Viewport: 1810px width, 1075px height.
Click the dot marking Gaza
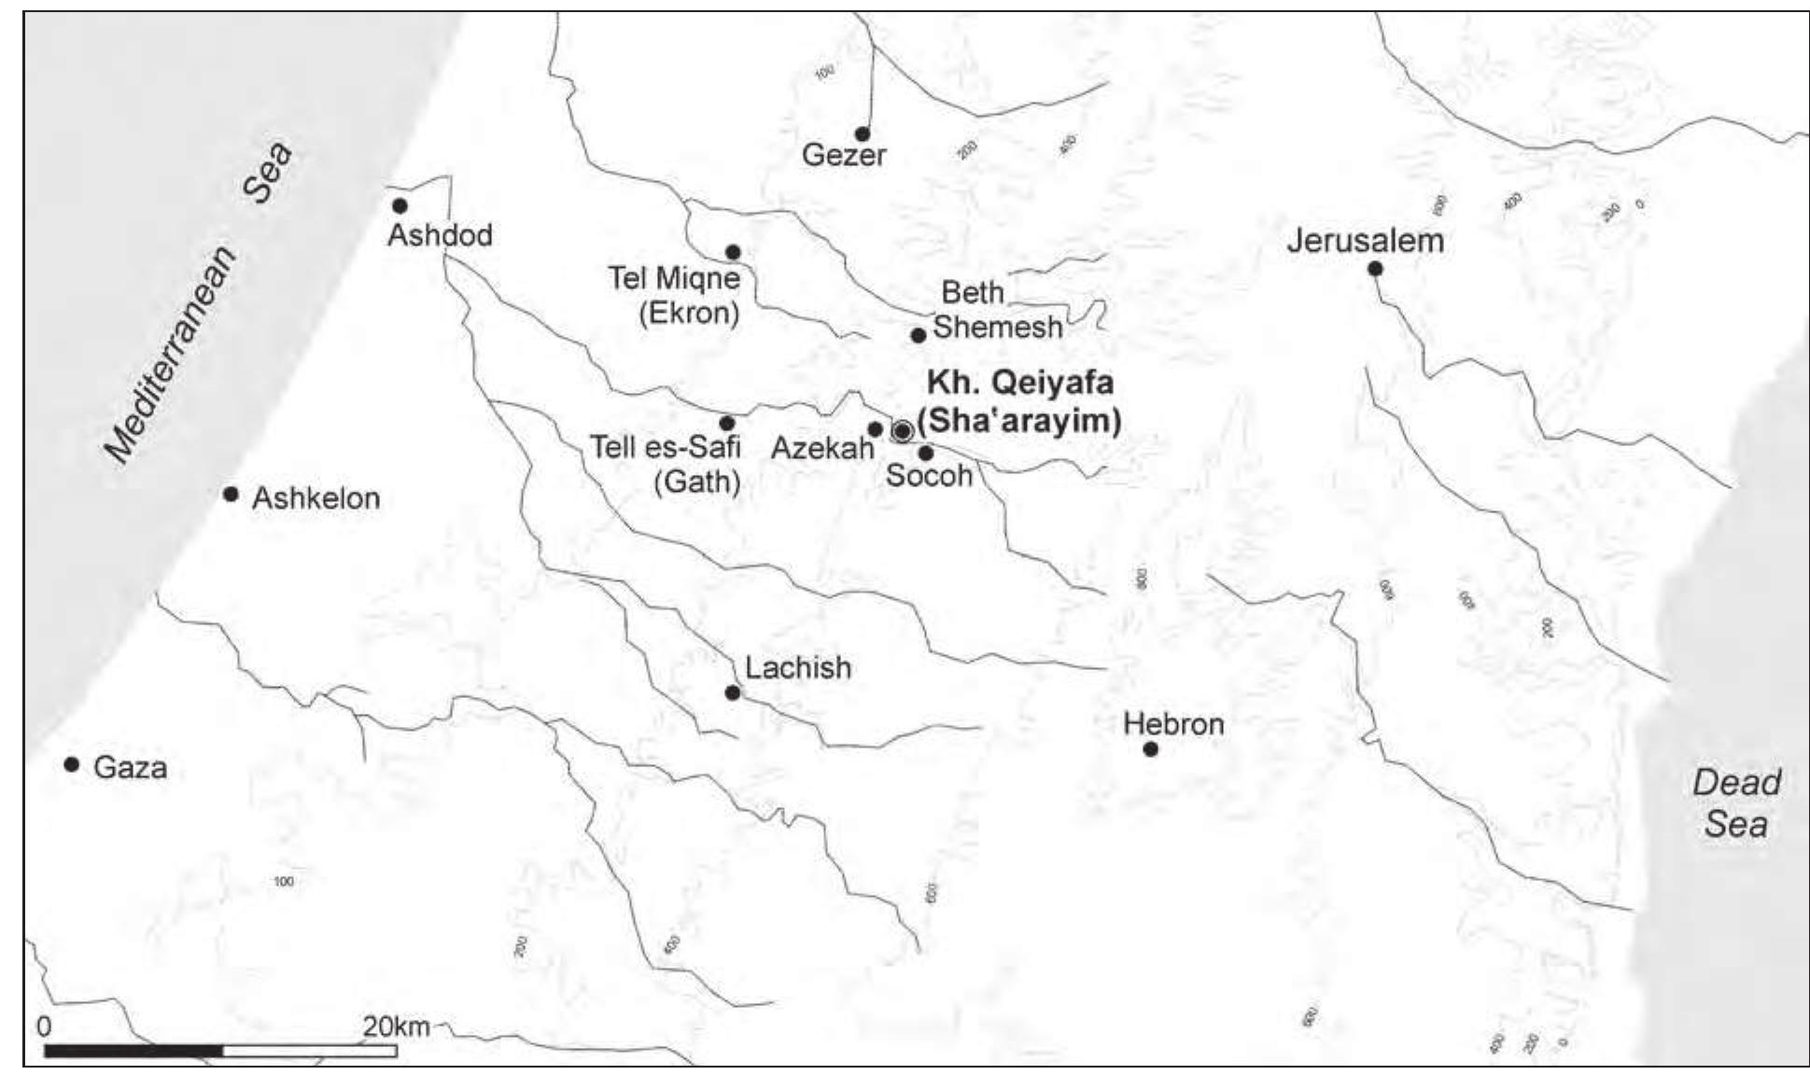(x=72, y=764)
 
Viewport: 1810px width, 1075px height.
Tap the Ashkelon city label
(x=316, y=498)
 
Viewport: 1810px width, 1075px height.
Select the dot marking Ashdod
(x=400, y=205)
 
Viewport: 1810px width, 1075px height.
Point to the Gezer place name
(x=844, y=154)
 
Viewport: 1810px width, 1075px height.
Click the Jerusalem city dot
(x=1374, y=269)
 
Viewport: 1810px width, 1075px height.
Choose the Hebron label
(x=1173, y=724)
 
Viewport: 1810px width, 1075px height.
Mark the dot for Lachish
(x=733, y=692)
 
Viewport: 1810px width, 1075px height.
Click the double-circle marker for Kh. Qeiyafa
(x=902, y=431)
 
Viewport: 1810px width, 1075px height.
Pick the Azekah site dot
(x=875, y=429)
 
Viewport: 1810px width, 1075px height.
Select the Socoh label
(x=929, y=476)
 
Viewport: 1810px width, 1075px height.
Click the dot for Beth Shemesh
(x=919, y=335)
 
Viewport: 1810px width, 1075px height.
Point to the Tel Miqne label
(x=674, y=278)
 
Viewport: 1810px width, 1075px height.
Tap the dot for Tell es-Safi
(x=727, y=424)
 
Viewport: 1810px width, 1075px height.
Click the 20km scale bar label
(x=397, y=1027)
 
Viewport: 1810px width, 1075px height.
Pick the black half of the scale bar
(x=133, y=1051)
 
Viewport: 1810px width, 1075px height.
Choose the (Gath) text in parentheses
(x=697, y=482)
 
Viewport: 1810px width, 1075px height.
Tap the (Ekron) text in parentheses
(x=689, y=313)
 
